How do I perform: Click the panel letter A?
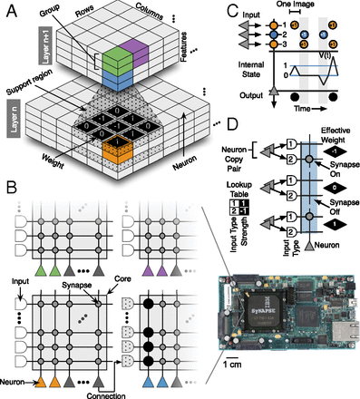pos(8,8)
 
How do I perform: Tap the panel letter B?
pos(8,190)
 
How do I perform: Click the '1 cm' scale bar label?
pos(231,367)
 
